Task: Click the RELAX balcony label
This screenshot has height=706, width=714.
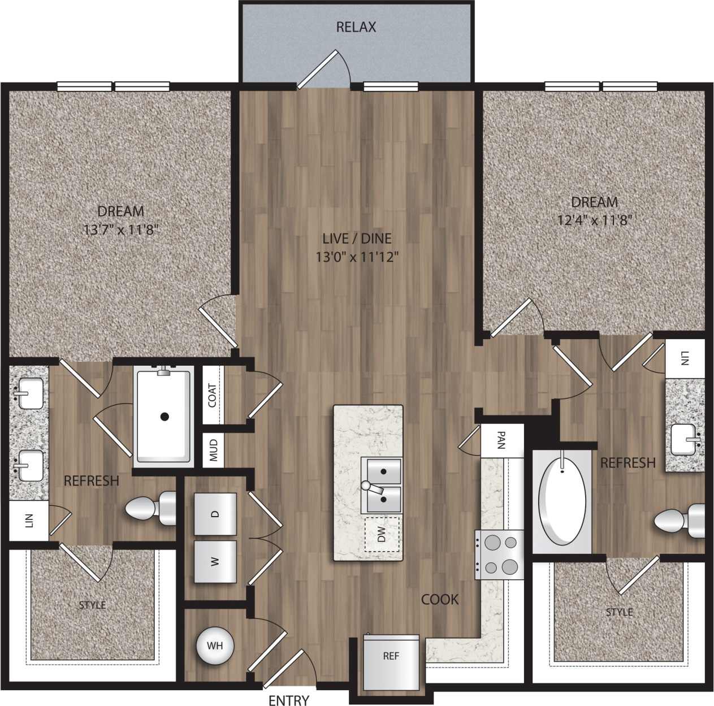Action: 356,27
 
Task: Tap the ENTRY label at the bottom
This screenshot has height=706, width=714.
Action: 289,700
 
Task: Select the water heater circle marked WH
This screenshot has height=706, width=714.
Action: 214,646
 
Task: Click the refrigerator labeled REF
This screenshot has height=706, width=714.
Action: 391,660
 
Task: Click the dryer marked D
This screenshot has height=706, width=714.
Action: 215,514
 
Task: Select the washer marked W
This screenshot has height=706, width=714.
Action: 215,562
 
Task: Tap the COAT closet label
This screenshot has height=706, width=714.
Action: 212,395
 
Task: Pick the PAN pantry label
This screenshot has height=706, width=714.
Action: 501,440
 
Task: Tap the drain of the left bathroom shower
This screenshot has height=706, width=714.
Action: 165,417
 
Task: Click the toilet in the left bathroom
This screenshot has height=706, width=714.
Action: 150,508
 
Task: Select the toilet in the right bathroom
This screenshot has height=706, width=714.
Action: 680,521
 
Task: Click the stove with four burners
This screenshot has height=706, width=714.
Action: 500,555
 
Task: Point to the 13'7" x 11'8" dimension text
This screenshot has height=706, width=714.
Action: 120,229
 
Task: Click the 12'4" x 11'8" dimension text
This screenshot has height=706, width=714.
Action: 594,219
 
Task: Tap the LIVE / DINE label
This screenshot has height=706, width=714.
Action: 357,239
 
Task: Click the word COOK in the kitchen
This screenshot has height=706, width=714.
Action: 440,599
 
